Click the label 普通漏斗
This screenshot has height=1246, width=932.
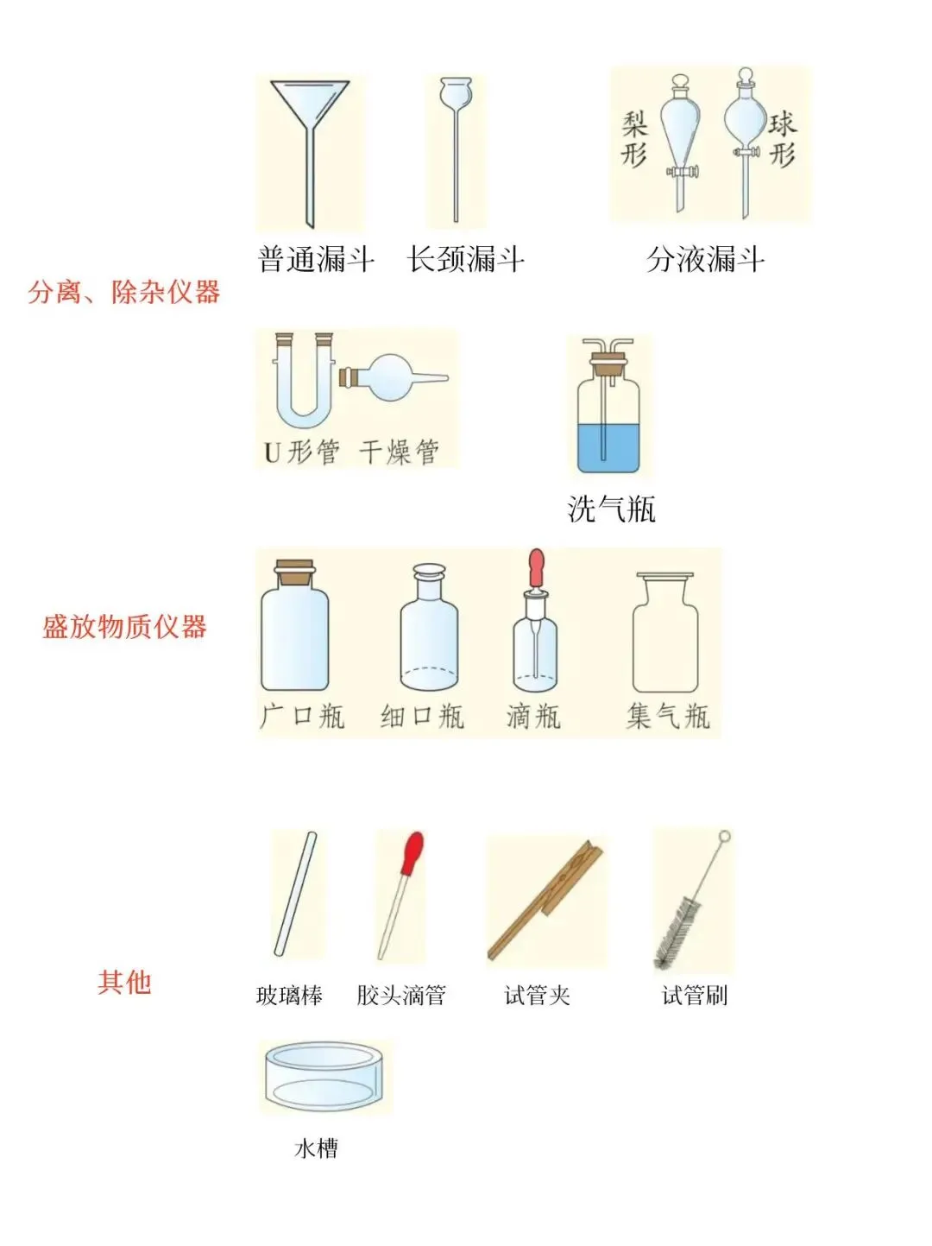point(316,259)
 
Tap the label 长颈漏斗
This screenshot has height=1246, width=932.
point(465,259)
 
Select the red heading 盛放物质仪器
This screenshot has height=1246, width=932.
point(125,626)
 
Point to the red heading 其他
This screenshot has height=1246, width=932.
point(124,982)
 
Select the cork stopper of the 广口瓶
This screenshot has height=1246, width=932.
point(294,571)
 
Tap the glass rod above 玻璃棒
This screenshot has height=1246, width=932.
point(295,894)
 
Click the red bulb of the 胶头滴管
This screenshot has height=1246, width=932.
point(413,851)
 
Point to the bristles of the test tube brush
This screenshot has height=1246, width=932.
point(677,933)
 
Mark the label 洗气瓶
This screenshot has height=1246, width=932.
point(611,509)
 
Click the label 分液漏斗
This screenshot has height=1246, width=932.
point(705,259)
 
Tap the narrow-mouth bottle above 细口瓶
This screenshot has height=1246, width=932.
point(429,630)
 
